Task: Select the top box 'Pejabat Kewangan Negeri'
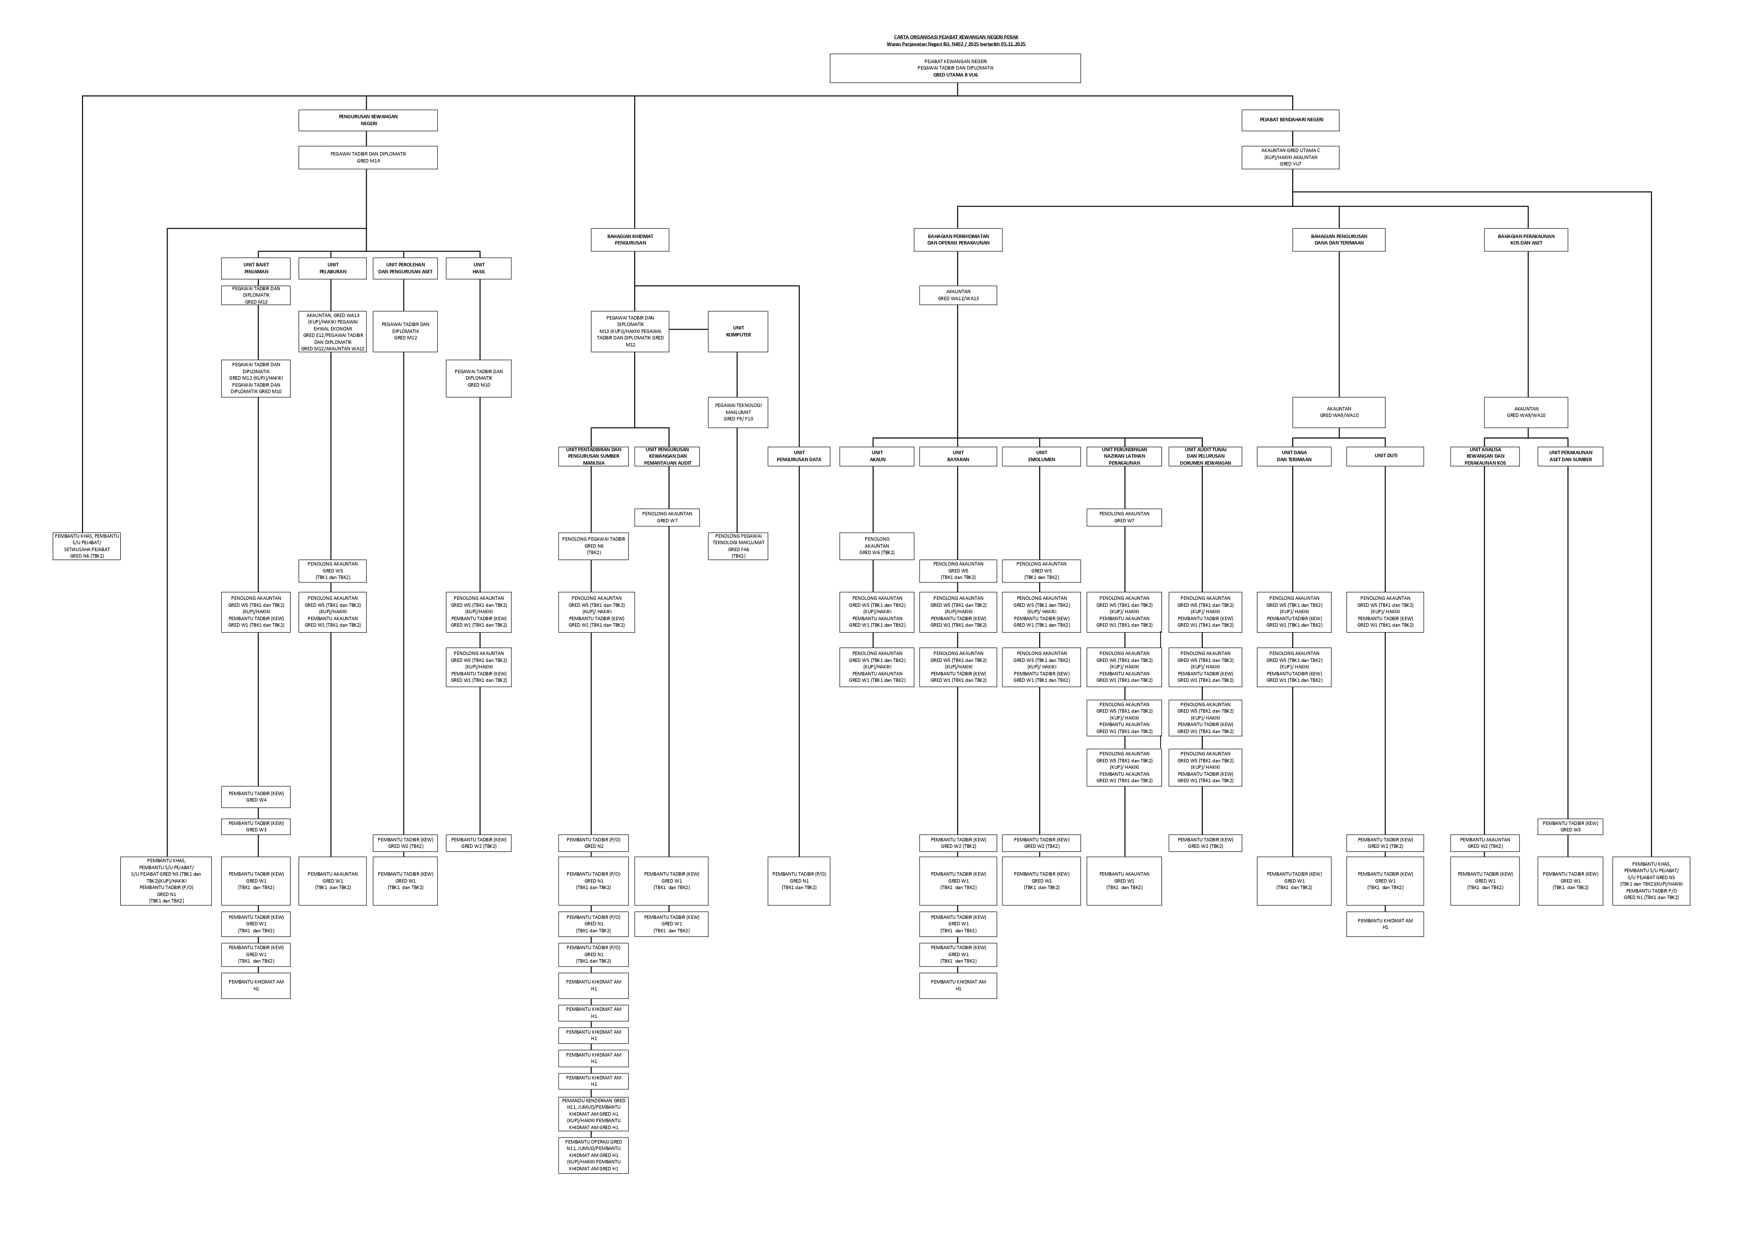tap(955, 68)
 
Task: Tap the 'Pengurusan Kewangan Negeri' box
tap(368, 120)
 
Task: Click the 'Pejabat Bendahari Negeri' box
tap(1291, 120)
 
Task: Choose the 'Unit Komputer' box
tap(738, 331)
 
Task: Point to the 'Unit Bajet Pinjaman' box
tap(256, 268)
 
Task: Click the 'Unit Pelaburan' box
tap(332, 268)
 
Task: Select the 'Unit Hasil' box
tap(479, 268)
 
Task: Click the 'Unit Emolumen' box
tap(1041, 456)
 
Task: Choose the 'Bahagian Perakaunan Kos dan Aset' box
tap(1526, 240)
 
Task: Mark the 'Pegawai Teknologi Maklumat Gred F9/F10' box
tap(738, 412)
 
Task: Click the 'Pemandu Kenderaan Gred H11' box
tap(593, 1114)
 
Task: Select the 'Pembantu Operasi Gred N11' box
tap(593, 1155)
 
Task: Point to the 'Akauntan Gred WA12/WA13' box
tap(958, 295)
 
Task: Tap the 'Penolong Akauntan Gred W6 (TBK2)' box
tap(877, 546)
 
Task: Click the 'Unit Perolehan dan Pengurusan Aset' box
tap(405, 268)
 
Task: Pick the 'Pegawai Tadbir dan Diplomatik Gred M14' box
tap(368, 157)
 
